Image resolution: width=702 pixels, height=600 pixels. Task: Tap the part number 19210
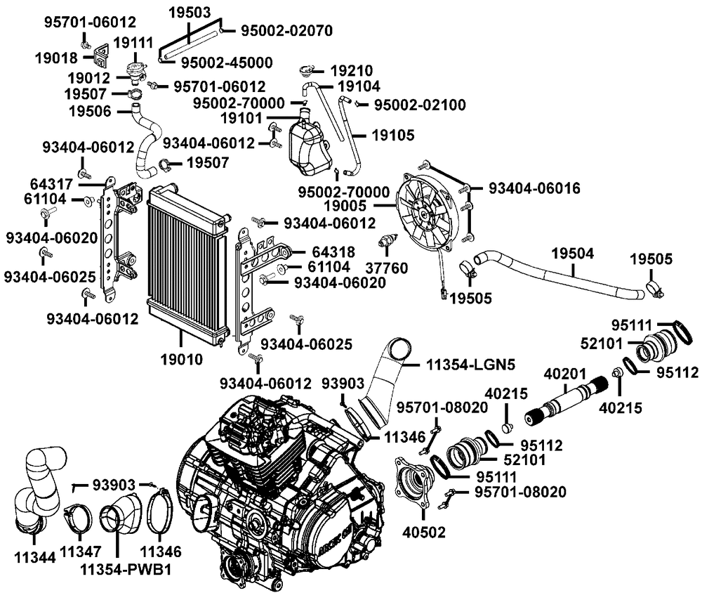[x=353, y=70]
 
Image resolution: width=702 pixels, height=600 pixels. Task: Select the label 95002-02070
[x=286, y=31]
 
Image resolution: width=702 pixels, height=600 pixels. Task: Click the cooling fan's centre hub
[x=427, y=209]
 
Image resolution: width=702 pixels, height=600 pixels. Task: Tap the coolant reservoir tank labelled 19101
[x=307, y=144]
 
